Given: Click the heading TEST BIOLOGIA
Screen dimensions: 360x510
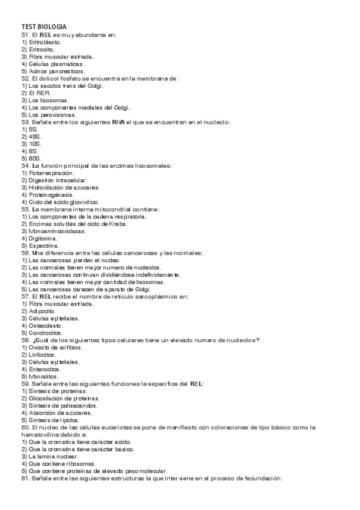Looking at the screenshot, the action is click(x=44, y=27).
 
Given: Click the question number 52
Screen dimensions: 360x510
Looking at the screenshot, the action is click(x=25, y=79).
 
